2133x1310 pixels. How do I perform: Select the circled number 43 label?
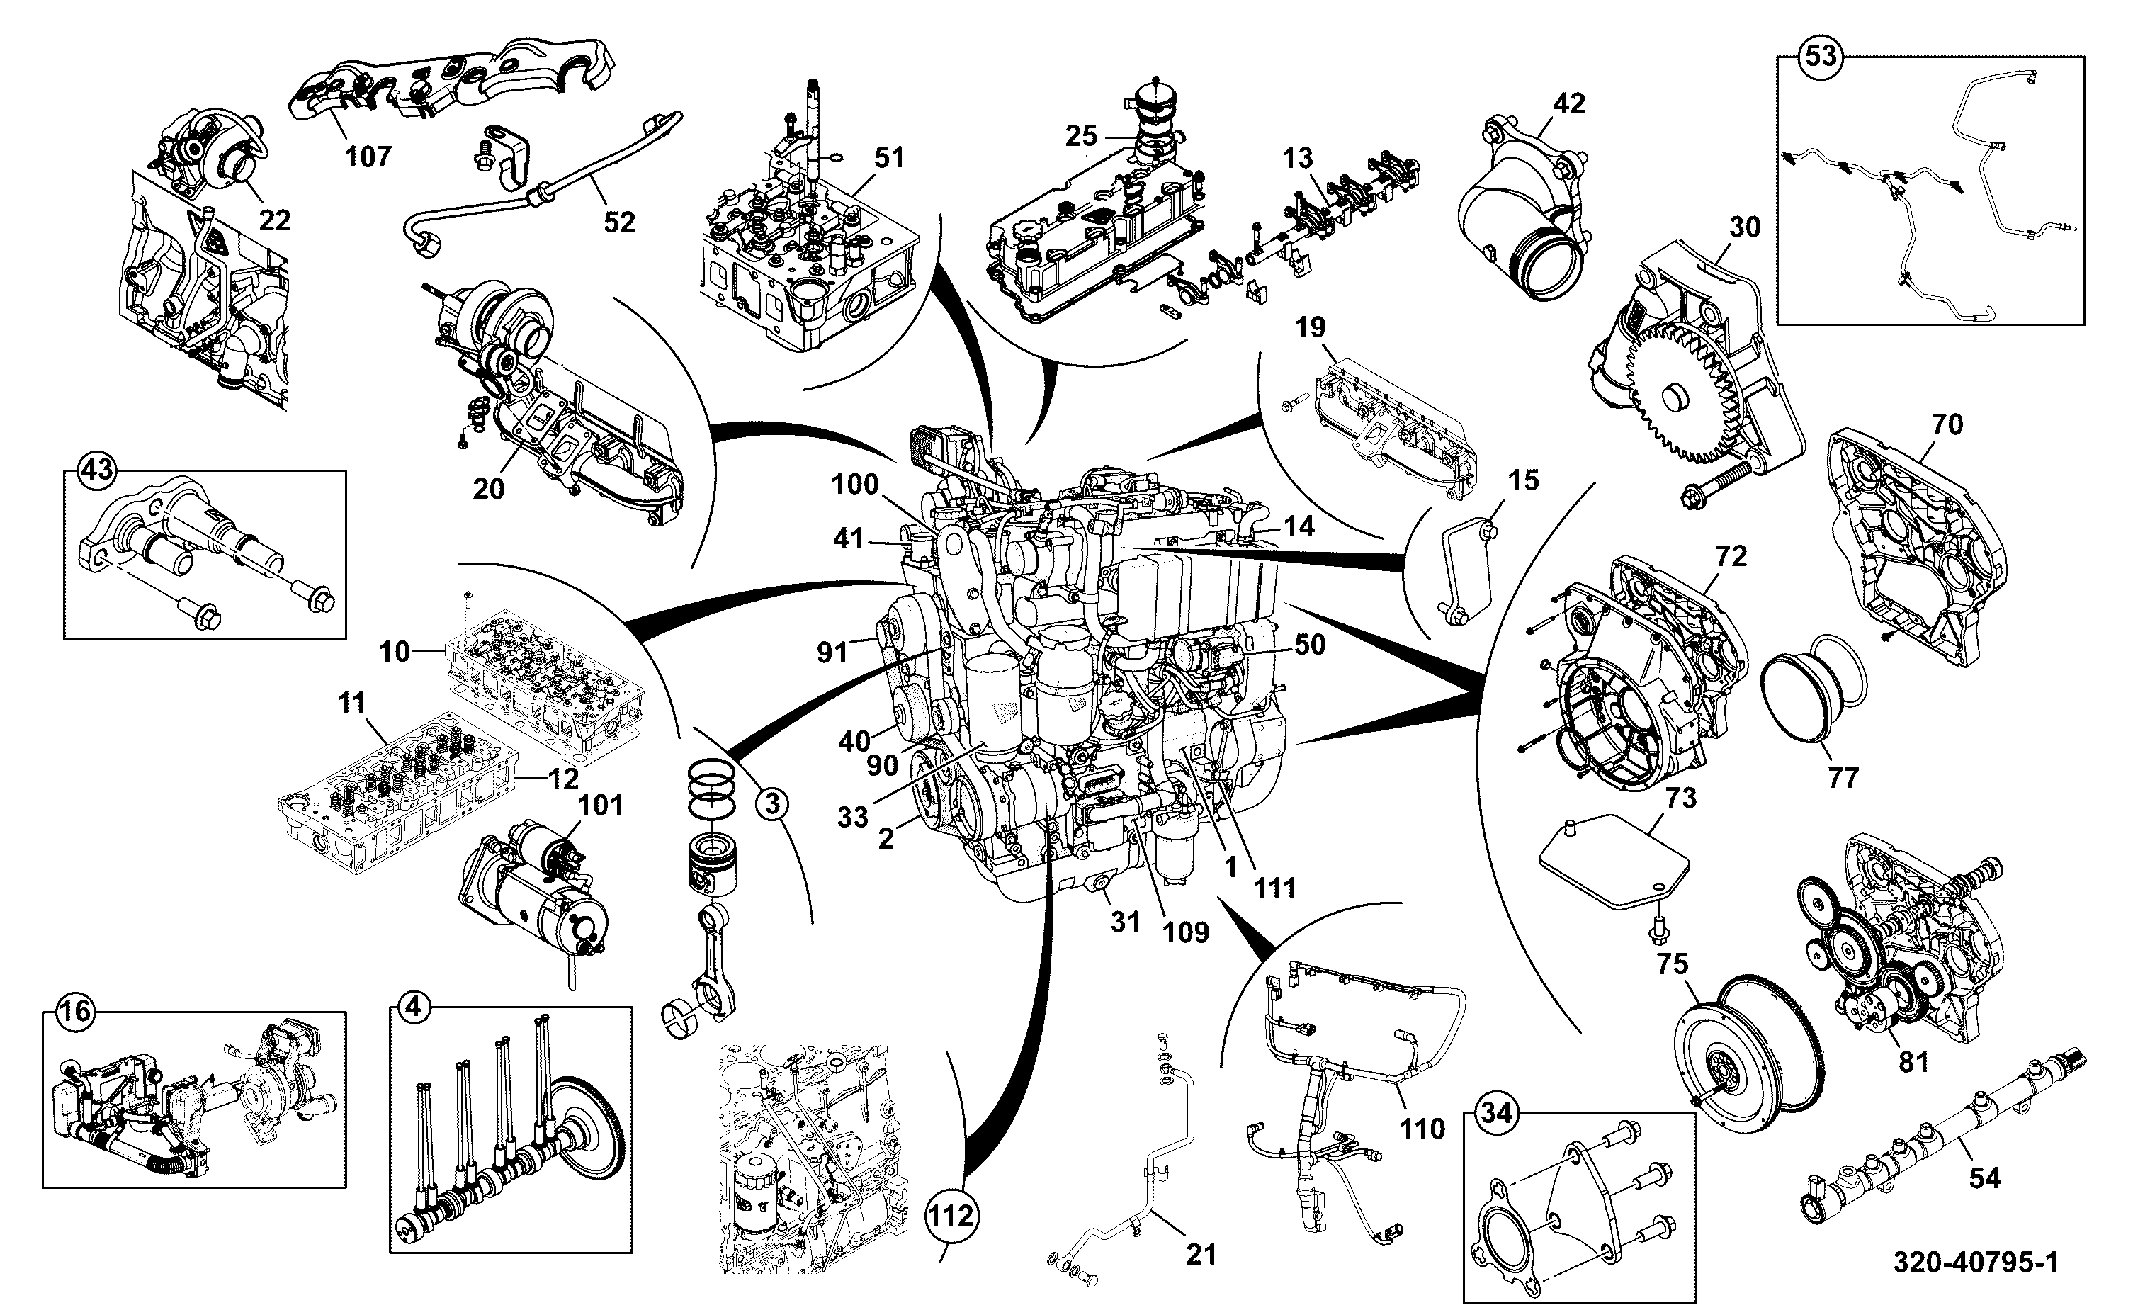pyautogui.click(x=96, y=470)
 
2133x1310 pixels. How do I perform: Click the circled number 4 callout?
pyautogui.click(x=414, y=1007)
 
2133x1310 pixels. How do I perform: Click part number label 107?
pyautogui.click(x=369, y=157)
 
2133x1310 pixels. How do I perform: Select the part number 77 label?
pyautogui.click(x=1843, y=778)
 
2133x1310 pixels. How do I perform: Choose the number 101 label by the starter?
pyautogui.click(x=600, y=805)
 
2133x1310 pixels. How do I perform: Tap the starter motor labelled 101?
pyautogui.click(x=533, y=893)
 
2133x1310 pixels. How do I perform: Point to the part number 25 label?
pyautogui.click(x=1081, y=135)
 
